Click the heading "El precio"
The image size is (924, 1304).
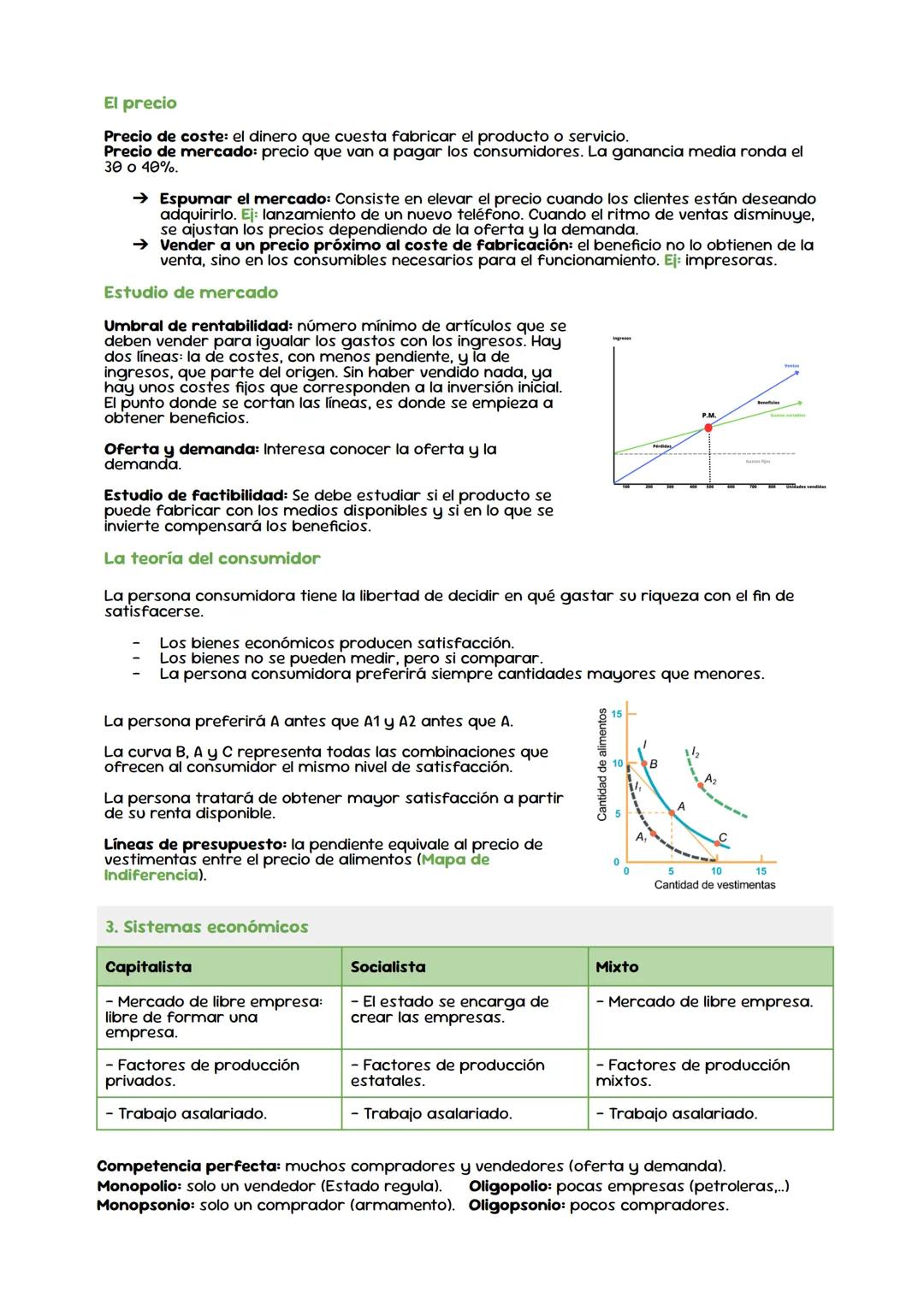point(139,103)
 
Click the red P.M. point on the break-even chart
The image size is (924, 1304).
point(708,428)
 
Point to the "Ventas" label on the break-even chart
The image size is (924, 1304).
point(791,366)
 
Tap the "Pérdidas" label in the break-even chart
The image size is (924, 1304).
point(661,445)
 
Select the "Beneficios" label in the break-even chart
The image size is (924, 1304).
point(769,402)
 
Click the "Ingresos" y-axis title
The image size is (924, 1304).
point(622,339)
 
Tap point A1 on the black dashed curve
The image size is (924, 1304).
point(653,833)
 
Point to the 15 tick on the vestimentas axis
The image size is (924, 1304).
point(761,870)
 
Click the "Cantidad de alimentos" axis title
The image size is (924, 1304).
point(602,764)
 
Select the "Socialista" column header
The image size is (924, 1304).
point(388,967)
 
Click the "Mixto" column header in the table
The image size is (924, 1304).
point(617,967)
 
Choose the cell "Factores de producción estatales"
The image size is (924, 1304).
point(447,1072)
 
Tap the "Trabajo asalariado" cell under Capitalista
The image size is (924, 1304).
point(186,1113)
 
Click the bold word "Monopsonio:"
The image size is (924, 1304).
point(145,1205)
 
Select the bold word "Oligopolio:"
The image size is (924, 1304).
point(510,1186)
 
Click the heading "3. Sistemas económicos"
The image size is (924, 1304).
point(206,927)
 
